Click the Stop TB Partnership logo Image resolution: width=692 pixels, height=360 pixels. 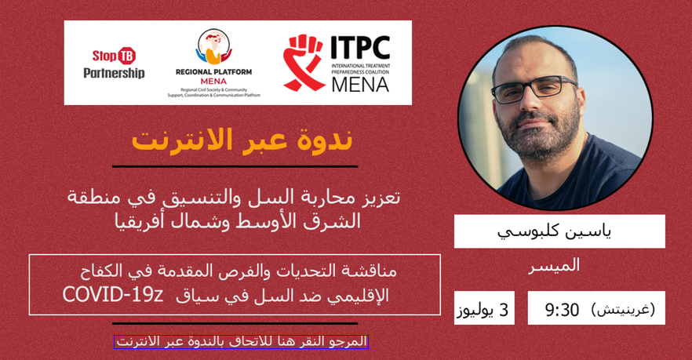click(x=114, y=63)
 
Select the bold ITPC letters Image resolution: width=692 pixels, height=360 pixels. click(x=360, y=47)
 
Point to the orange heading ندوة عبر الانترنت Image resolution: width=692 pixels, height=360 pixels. click(x=242, y=140)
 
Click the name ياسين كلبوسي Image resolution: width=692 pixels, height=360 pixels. click(x=554, y=231)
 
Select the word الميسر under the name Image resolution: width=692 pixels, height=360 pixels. click(x=554, y=266)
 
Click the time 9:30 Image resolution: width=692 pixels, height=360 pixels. click(x=562, y=310)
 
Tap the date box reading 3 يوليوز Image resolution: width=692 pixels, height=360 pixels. click(x=484, y=308)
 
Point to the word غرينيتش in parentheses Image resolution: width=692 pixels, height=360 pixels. click(x=623, y=309)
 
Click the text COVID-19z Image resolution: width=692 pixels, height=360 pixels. click(x=113, y=295)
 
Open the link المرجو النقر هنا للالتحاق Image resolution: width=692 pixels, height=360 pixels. click(x=242, y=341)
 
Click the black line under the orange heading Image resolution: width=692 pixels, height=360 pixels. click(x=235, y=166)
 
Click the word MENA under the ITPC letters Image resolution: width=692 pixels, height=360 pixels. click(x=360, y=84)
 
